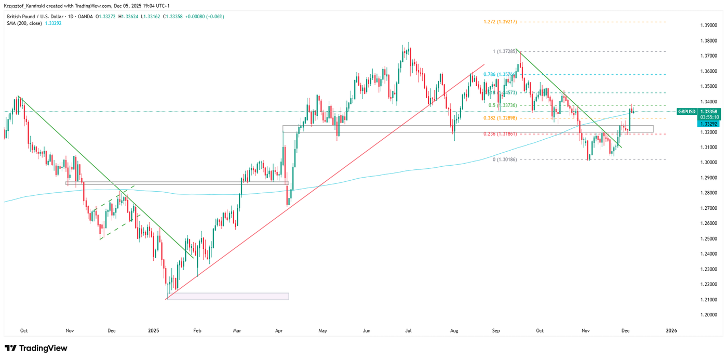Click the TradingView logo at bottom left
(x=36, y=348)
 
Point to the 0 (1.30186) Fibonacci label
(x=504, y=160)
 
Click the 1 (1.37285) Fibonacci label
(x=505, y=51)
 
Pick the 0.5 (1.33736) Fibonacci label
(x=502, y=105)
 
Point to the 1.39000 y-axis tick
(x=709, y=25)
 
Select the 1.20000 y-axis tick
(x=709, y=315)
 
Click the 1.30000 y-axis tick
(x=709, y=163)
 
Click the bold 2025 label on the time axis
(x=153, y=330)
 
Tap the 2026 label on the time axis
(x=671, y=330)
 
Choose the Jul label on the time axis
(x=409, y=330)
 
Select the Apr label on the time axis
(x=279, y=330)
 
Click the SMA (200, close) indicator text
(x=24, y=23)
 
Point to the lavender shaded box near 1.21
(x=228, y=296)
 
